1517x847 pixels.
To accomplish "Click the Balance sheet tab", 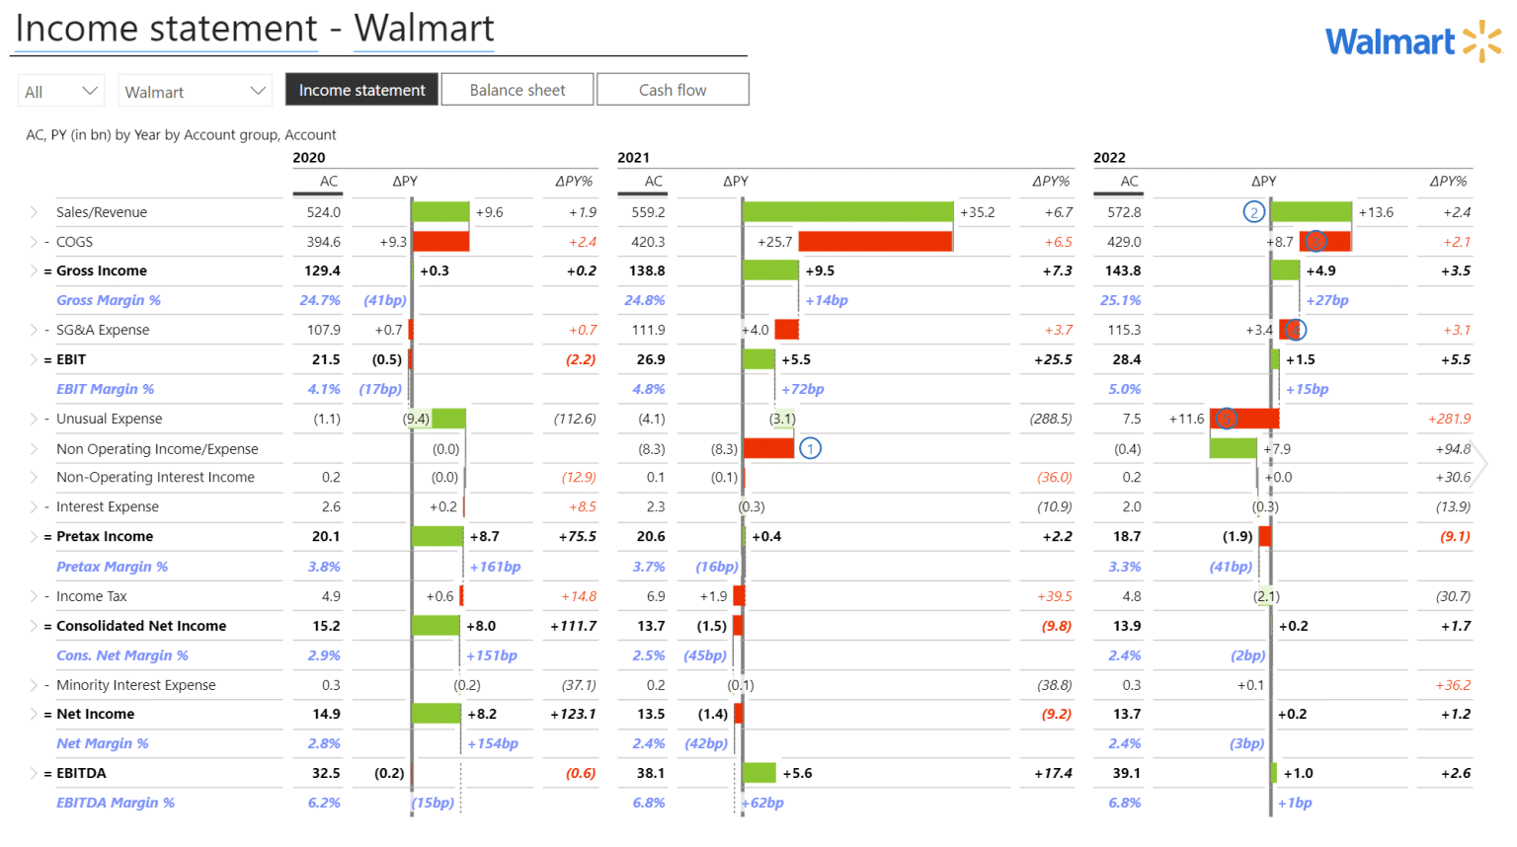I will [x=518, y=90].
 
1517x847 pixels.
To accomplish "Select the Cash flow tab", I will [x=673, y=90].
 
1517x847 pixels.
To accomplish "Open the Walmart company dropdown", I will [x=194, y=91].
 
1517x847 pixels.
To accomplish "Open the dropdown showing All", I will [x=61, y=91].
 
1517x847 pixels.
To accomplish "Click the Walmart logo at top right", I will [x=1412, y=41].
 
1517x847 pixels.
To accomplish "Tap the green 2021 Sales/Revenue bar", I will [x=847, y=211].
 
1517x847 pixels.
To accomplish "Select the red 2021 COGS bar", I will [x=875, y=241].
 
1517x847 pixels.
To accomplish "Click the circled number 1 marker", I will [x=810, y=448].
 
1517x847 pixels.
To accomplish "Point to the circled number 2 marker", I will [x=1253, y=211].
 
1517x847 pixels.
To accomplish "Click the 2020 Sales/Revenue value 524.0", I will [x=324, y=212].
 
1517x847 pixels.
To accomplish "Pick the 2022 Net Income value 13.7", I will [x=1126, y=714].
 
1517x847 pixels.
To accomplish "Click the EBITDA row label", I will [x=81, y=773].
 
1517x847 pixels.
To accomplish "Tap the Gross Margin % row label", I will [x=109, y=300].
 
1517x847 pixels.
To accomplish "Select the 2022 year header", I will [x=1109, y=157].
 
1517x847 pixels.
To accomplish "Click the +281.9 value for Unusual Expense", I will [x=1449, y=419].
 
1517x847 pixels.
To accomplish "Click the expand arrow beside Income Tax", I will [x=34, y=596].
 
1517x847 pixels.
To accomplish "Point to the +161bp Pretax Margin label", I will [x=495, y=567].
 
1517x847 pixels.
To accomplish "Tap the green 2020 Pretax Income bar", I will [x=438, y=536].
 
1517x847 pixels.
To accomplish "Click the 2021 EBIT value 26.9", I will [x=651, y=359].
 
